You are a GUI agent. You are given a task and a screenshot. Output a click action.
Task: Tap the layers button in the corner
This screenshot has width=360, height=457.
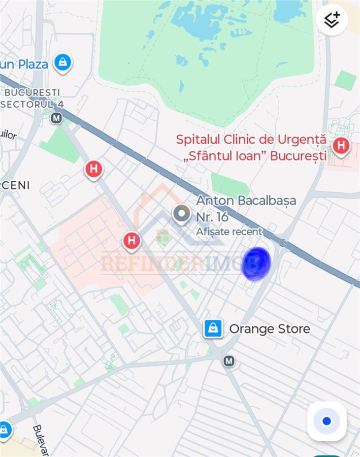(x=332, y=20)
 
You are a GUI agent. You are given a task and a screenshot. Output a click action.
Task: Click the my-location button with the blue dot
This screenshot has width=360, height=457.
(x=326, y=421)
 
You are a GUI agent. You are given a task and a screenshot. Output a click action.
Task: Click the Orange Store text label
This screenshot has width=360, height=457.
(x=270, y=329)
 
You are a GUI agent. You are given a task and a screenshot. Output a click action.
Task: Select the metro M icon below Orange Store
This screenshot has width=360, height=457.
(x=229, y=361)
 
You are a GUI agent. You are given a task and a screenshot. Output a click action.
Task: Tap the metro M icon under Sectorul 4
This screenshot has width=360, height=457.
(x=56, y=118)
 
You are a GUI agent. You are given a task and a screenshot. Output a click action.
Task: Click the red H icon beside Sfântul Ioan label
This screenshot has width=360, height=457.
(x=341, y=146)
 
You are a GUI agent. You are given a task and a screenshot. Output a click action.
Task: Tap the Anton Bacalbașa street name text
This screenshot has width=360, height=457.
(x=246, y=201)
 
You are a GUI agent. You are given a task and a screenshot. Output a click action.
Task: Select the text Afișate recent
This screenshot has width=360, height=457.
(x=230, y=232)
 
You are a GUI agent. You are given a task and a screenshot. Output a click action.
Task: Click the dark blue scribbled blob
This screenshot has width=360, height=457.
(x=256, y=264)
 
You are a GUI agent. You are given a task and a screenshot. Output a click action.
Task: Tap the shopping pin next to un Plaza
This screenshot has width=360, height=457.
(x=62, y=63)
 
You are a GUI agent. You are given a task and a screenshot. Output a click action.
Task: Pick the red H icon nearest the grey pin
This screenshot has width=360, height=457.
(x=132, y=240)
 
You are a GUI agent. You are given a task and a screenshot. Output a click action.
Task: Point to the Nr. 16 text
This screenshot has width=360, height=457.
(x=212, y=217)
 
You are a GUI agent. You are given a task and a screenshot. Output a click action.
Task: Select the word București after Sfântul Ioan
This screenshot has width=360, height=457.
(x=298, y=155)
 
